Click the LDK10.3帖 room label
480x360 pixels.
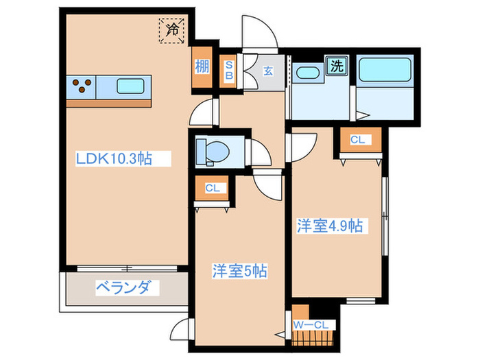point(114,158)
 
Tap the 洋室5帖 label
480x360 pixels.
point(239,272)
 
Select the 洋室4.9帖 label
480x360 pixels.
point(330,226)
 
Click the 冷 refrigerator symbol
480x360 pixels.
point(173,29)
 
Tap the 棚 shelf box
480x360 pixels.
point(202,68)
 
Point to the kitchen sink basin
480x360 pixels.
point(130,88)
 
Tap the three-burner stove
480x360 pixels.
point(82,88)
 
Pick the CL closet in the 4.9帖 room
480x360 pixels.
point(357,141)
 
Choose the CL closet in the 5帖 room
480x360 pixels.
point(213,188)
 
